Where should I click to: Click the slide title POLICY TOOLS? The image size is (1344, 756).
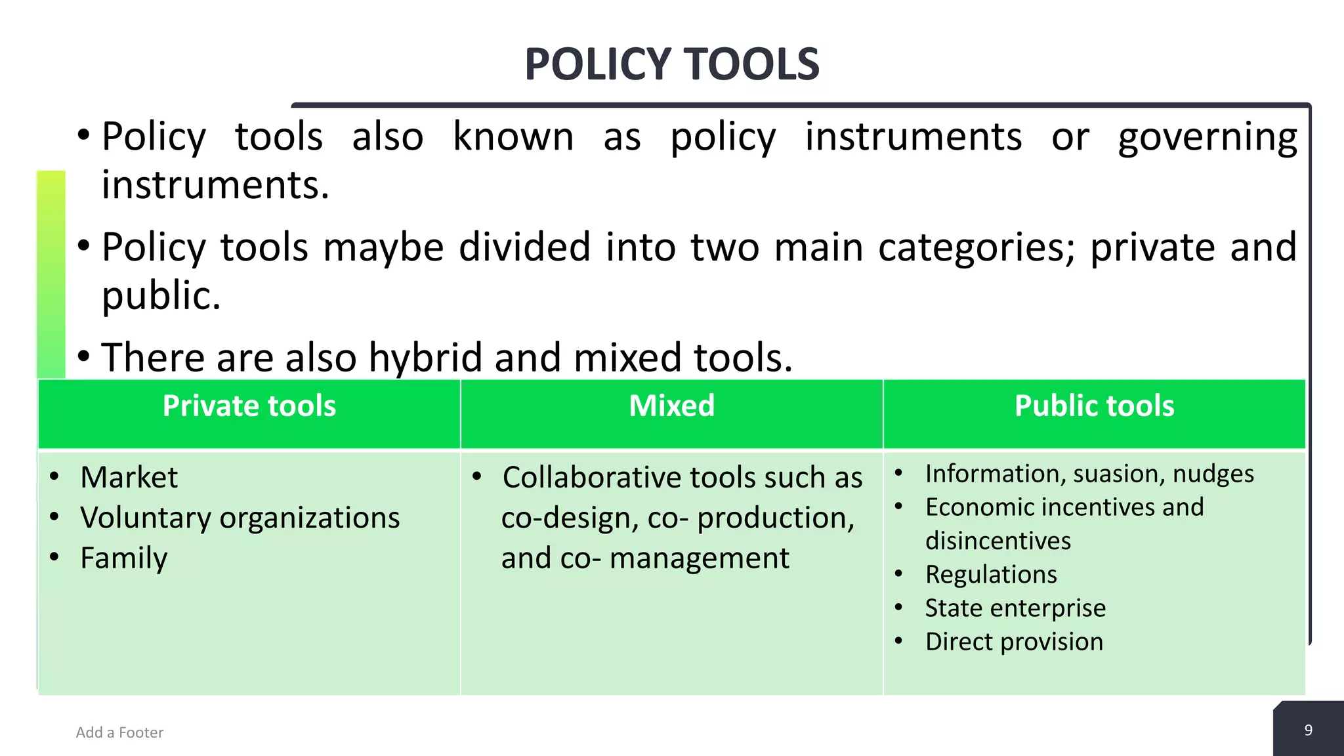[672, 64]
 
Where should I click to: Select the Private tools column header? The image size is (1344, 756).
[249, 406]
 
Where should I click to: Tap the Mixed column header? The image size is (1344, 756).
[671, 406]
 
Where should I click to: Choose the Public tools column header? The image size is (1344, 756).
[1094, 406]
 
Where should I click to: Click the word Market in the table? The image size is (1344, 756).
[129, 477]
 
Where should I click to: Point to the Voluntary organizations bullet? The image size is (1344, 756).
[240, 518]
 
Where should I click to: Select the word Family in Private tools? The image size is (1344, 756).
[123, 558]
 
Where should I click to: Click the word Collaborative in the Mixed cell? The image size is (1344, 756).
[590, 477]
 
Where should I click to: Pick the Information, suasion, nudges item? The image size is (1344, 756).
[1089, 474]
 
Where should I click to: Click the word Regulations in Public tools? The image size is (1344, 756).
[991, 574]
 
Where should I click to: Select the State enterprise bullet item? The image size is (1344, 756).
[1015, 608]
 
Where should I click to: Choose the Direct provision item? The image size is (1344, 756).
[1014, 642]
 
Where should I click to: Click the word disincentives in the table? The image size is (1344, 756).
[997, 541]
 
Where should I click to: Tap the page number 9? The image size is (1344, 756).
[1308, 730]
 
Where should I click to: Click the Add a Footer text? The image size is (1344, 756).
[119, 732]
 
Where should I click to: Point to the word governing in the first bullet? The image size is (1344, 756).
[1207, 138]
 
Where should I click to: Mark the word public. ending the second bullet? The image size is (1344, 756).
[161, 296]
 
